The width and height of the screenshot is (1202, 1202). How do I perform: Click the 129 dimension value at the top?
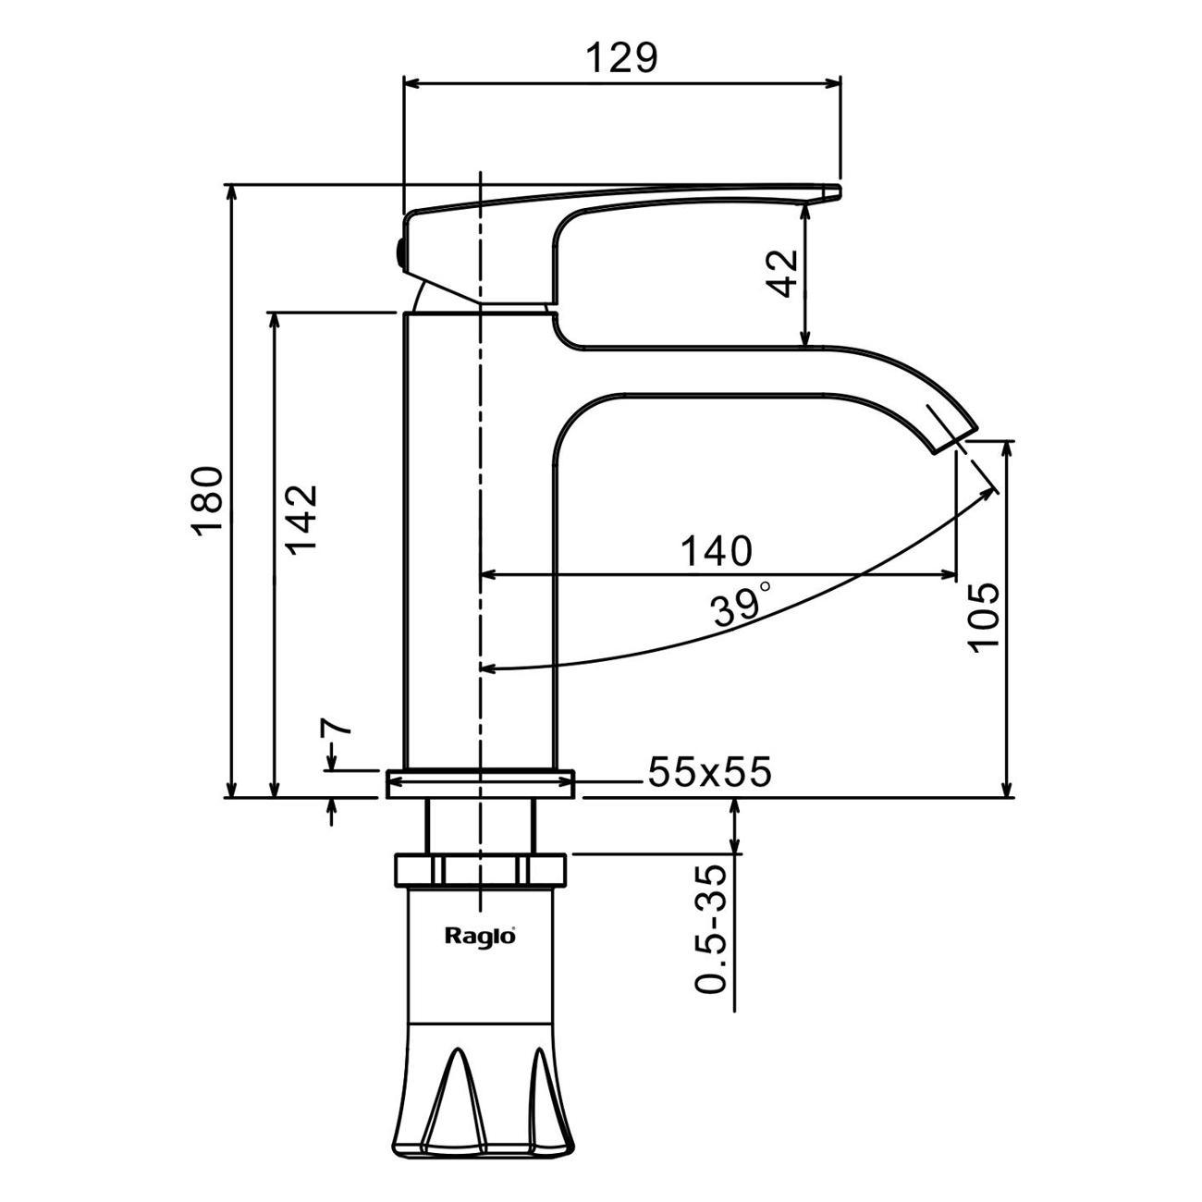(622, 58)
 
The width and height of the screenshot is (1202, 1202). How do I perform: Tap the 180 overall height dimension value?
(206, 500)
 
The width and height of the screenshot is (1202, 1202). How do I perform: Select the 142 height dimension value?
(301, 519)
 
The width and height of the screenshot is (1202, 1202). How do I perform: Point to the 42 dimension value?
(783, 273)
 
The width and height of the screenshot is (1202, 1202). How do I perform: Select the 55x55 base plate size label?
(710, 772)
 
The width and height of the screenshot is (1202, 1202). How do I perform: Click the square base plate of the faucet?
(480, 783)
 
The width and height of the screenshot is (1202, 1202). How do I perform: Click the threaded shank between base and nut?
(480, 826)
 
